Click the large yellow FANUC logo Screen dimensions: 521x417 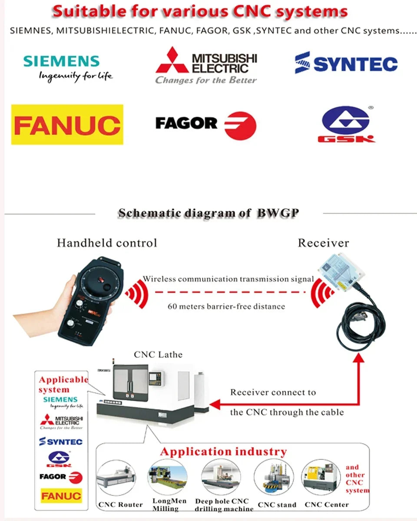click(x=67, y=125)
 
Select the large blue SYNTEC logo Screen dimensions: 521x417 click(x=346, y=63)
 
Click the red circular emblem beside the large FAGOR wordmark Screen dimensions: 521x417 click(x=240, y=125)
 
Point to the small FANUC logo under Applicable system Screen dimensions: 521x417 click(x=61, y=495)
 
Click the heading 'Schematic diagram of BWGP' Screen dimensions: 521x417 click(x=209, y=213)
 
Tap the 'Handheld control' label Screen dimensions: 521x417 click(x=107, y=243)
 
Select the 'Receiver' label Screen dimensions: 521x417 click(x=323, y=243)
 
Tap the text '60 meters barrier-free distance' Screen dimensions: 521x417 click(x=226, y=307)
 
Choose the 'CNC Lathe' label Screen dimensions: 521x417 click(x=158, y=355)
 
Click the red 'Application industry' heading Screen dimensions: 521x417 click(x=223, y=452)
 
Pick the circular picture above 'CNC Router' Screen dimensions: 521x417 click(x=114, y=478)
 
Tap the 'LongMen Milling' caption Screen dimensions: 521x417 click(x=169, y=505)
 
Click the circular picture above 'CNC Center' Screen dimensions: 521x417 click(x=321, y=478)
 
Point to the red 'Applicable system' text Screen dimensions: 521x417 click(x=63, y=385)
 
